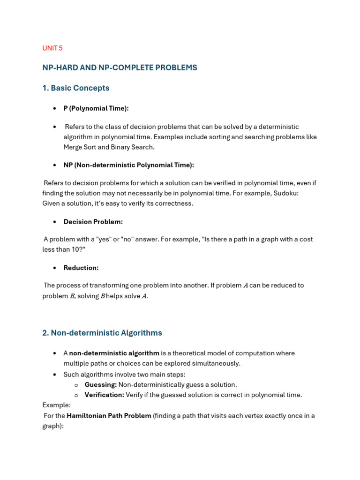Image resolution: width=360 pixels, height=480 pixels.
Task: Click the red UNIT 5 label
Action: pos(52,48)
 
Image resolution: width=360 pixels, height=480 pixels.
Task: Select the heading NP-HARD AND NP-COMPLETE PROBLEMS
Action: pos(120,67)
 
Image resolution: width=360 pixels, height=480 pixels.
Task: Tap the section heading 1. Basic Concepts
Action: pos(75,88)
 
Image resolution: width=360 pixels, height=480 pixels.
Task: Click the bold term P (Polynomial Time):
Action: pos(96,108)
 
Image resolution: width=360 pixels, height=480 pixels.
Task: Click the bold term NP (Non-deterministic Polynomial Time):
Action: pos(128,165)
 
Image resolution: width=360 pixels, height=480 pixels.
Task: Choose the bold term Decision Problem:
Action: pos(93,221)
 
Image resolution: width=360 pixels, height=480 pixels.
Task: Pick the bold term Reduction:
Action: pos(81,268)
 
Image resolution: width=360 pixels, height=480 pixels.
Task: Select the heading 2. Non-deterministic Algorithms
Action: pos(102,333)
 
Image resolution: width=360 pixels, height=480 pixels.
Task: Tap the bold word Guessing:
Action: pos(100,384)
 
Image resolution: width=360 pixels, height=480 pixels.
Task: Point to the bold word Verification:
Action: pos(104,395)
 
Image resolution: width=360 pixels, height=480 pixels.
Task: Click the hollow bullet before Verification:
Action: pos(76,395)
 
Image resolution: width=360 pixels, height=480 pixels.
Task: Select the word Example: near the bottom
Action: pos(56,405)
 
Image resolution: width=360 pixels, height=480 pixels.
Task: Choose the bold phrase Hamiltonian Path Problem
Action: pos(109,415)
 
